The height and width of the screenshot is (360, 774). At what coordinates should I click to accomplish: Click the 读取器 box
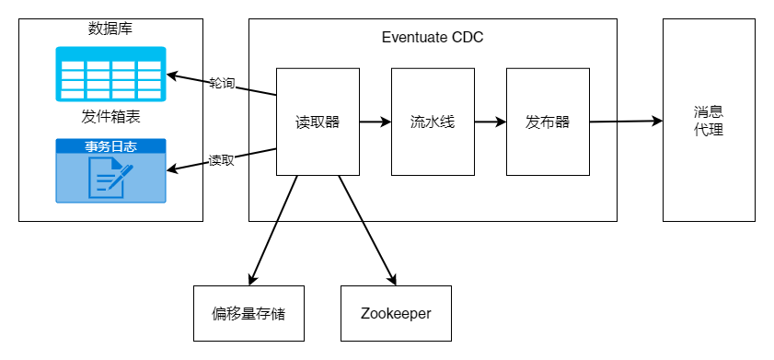pyautogui.click(x=318, y=122)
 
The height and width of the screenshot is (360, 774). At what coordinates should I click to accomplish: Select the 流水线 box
pyautogui.click(x=433, y=122)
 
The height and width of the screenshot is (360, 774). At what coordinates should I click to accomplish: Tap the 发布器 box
pyautogui.click(x=548, y=122)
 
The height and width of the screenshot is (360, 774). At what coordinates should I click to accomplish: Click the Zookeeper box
pyautogui.click(x=396, y=313)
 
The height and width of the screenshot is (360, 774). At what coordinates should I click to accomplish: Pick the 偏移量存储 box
pyautogui.click(x=248, y=313)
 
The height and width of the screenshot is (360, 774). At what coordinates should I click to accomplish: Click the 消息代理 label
pyautogui.click(x=709, y=121)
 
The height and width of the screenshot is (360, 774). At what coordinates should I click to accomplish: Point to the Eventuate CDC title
pyautogui.click(x=433, y=38)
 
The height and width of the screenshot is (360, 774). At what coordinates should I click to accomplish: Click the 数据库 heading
pyautogui.click(x=110, y=29)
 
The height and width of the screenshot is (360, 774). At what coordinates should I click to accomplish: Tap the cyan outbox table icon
pyautogui.click(x=110, y=74)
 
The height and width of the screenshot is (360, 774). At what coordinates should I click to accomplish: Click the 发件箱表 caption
pyautogui.click(x=110, y=117)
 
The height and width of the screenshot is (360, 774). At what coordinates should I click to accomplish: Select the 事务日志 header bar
pyautogui.click(x=110, y=146)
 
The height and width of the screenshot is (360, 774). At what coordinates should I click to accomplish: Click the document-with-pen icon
pyautogui.click(x=110, y=178)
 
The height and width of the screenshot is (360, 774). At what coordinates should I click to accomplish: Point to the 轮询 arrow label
pyautogui.click(x=222, y=84)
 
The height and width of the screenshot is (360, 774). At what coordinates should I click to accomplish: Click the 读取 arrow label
pyautogui.click(x=221, y=160)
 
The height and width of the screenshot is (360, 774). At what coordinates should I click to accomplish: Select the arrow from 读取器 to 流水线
pyautogui.click(x=375, y=122)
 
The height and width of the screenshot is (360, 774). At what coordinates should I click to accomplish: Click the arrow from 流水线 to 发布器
pyautogui.click(x=491, y=122)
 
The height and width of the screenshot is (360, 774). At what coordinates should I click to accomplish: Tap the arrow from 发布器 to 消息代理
pyautogui.click(x=626, y=121)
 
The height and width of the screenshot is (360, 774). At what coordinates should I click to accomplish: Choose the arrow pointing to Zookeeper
pyautogui.click(x=367, y=230)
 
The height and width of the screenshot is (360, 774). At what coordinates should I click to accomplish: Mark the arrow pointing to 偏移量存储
pyautogui.click(x=273, y=230)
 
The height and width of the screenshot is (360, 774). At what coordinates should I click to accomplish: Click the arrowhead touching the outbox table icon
pyautogui.click(x=172, y=76)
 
